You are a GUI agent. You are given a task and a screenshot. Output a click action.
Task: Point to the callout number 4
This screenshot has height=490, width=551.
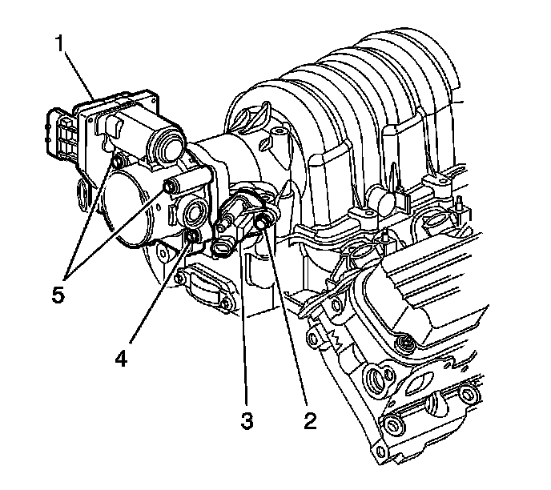coord(120,358)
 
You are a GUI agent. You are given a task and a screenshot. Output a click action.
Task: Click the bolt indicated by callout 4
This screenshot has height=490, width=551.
coord(192,236)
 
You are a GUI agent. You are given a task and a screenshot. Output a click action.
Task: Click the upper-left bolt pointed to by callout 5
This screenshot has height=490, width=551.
coord(118,165)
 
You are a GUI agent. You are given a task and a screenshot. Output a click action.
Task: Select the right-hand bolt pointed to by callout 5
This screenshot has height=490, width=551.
coord(170,187)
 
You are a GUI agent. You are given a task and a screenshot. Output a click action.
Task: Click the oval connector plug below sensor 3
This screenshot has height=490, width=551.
coord(222,249)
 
